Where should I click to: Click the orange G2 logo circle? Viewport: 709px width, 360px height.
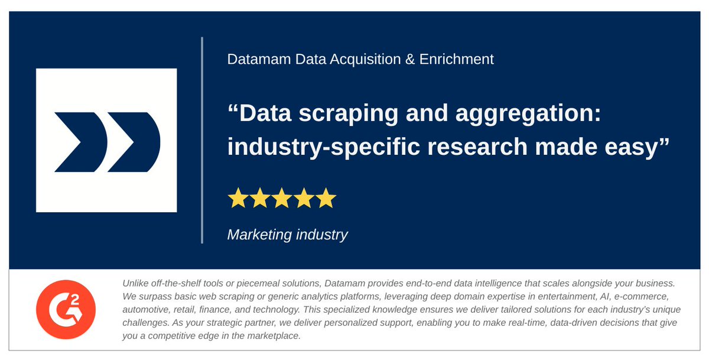(66, 309)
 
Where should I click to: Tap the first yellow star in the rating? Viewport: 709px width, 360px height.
(238, 198)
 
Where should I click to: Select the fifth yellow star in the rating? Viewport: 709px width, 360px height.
(326, 198)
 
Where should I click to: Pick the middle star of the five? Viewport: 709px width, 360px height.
(282, 198)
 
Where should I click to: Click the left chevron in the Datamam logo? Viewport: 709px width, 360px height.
(79, 142)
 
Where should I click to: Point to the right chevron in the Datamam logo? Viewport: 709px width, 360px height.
(134, 142)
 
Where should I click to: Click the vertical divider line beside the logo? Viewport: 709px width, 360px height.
(202, 140)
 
